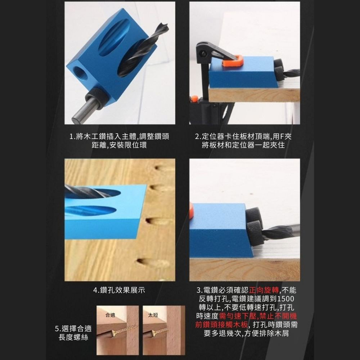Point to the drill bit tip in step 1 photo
164,27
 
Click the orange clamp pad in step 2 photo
233,62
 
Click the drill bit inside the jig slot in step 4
88,192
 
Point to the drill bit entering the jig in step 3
281,231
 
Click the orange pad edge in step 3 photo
192,211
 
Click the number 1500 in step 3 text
286,299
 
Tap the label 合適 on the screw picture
110,315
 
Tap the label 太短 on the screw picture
153,315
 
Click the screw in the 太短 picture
158,331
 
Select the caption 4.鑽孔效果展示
119,290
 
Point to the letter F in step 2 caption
283,137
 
